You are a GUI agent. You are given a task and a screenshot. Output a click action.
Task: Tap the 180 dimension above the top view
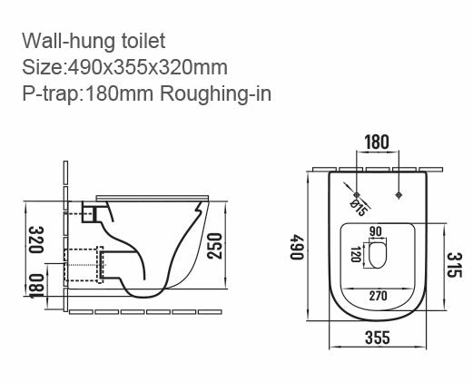379,143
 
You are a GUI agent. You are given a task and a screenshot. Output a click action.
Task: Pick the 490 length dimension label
295,248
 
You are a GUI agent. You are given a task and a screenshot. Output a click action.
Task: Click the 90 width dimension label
377,231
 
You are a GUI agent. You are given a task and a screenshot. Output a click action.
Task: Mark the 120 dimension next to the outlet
356,256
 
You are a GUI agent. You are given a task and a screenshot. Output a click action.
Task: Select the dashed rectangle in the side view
86,265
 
